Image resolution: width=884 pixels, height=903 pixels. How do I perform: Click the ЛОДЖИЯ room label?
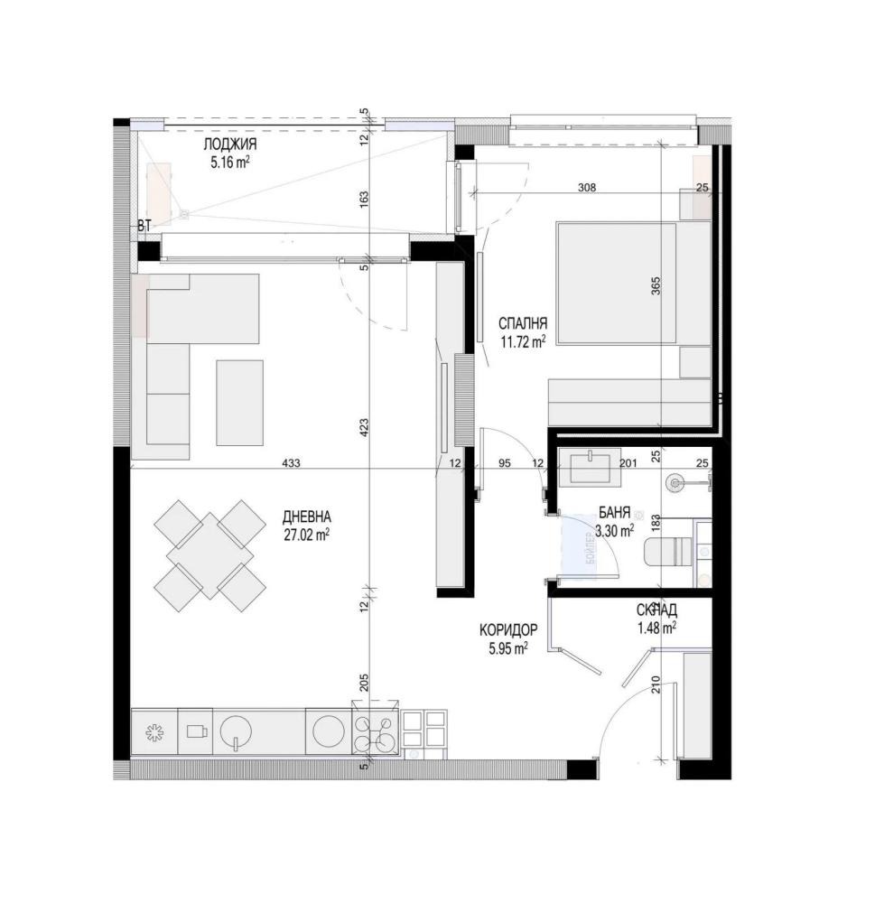[x=230, y=145]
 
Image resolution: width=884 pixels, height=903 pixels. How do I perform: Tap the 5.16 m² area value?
[x=229, y=163]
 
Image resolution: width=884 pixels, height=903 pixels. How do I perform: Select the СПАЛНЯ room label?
[x=524, y=323]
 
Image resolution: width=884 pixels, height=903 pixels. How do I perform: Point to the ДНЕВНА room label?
[x=307, y=517]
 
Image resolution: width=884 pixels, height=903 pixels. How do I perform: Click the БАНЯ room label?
[x=614, y=513]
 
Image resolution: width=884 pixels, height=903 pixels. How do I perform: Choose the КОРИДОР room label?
[x=508, y=629]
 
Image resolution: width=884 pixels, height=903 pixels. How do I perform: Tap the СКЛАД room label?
[x=656, y=610]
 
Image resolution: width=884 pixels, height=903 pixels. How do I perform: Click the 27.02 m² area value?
[x=306, y=534]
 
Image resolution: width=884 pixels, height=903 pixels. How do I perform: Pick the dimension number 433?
[x=291, y=463]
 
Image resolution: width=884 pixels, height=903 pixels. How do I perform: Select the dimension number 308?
[x=587, y=188]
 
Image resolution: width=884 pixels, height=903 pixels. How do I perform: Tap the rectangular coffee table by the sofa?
[x=240, y=402]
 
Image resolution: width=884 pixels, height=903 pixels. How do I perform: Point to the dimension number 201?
[x=629, y=463]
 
